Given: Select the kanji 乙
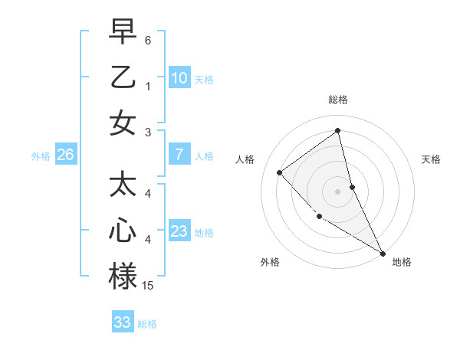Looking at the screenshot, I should point(123,77).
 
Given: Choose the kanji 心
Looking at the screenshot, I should point(123,231).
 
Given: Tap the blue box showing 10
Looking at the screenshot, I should point(179,78).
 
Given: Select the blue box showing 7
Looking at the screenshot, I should point(179,155).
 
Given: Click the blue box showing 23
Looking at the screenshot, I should point(179,231).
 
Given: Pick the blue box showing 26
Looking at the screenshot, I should point(66,155).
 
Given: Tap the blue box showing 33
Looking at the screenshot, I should point(123,322).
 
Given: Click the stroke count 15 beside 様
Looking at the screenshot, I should point(148,286).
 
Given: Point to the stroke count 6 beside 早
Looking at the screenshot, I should point(148,39).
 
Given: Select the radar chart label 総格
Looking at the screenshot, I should point(338,100).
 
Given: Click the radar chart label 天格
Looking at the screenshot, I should point(432,159).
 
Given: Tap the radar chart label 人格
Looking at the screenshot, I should point(245,159).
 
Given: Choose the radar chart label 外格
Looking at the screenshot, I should point(270,262).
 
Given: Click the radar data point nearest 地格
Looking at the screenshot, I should point(383,253).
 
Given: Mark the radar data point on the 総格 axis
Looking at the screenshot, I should point(338,131).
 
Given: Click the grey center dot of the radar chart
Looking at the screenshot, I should point(338,191).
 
